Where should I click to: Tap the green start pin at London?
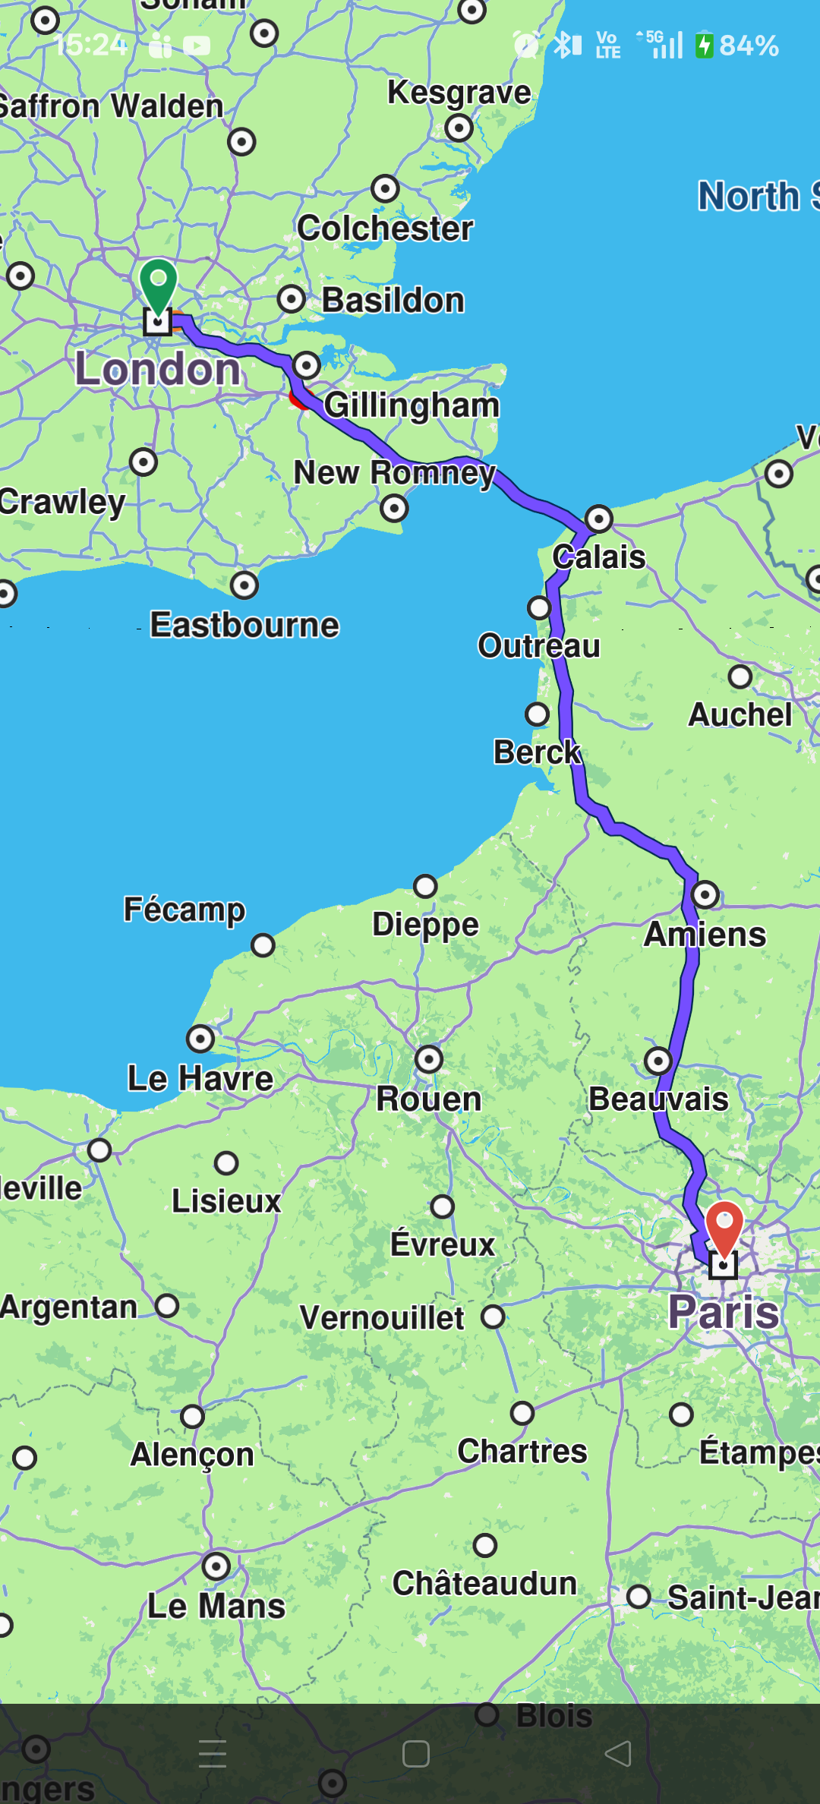158,285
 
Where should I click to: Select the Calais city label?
599,557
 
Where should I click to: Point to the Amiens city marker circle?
705,894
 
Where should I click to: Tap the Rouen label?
429,1099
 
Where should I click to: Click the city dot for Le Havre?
200,1038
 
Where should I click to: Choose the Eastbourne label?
244,625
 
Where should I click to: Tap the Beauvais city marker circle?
658,1060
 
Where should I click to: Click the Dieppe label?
425,924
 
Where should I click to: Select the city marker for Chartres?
522,1413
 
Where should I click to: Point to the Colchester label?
385,228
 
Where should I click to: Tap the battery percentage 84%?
749,46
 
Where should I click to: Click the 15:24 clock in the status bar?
91,46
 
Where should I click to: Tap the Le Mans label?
216,1606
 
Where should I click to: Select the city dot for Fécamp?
263,945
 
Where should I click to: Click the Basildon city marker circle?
292,299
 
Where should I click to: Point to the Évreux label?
443,1244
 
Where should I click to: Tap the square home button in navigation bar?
415,1754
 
